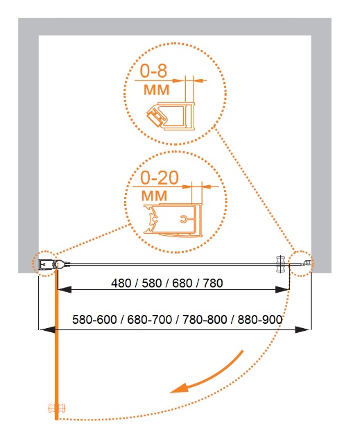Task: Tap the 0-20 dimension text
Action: click(x=160, y=178)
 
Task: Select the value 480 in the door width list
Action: click(x=121, y=283)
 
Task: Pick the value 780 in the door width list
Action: click(x=213, y=283)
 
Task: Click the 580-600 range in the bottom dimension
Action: click(x=94, y=320)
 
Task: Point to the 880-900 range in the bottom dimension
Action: click(x=260, y=320)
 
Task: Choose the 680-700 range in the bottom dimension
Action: click(x=150, y=320)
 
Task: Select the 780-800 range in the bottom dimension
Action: click(x=205, y=320)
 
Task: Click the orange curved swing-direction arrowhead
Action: click(x=178, y=388)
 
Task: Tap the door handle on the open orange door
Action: click(x=57, y=408)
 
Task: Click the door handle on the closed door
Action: click(x=281, y=264)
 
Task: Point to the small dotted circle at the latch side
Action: click(x=302, y=264)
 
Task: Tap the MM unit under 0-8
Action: click(x=157, y=89)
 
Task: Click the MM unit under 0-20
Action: click(x=154, y=196)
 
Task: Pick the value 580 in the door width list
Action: click(x=152, y=283)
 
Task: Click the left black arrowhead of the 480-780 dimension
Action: click(x=65, y=289)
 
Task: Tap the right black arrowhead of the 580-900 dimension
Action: click(x=302, y=330)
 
